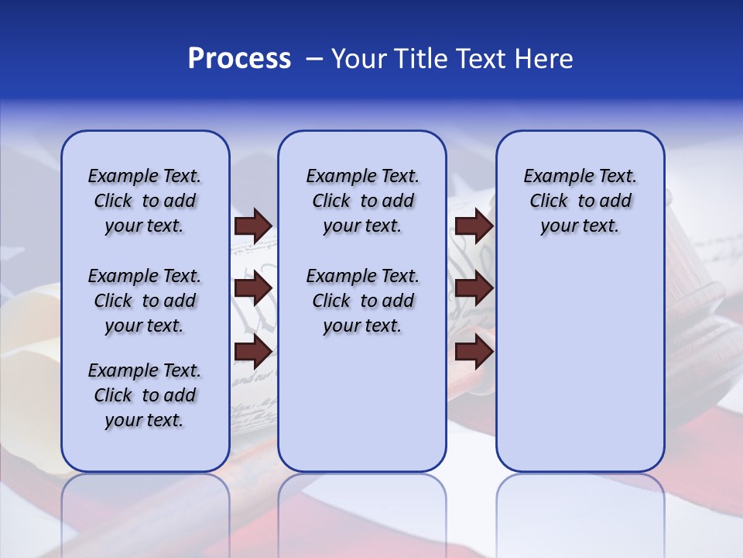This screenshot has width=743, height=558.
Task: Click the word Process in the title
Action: (x=239, y=59)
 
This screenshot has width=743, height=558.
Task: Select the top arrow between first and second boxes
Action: (x=253, y=226)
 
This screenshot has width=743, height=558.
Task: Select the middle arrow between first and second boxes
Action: (x=253, y=288)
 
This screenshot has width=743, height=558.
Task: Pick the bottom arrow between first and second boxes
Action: (x=253, y=352)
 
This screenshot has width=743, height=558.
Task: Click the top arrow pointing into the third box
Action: (x=474, y=226)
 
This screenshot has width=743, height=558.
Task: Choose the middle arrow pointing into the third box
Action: (x=474, y=288)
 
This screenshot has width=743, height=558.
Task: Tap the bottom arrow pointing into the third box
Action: (x=474, y=352)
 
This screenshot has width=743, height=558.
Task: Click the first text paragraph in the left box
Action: (x=145, y=201)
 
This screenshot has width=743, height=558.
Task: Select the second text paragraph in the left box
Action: (x=145, y=301)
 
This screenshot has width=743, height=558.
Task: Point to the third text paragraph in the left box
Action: (x=145, y=395)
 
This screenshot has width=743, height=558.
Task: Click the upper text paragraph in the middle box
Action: (x=362, y=201)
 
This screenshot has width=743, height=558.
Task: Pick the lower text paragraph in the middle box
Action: (x=362, y=301)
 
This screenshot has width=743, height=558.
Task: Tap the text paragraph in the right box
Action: (x=580, y=201)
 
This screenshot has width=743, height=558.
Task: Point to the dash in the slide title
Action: (x=313, y=60)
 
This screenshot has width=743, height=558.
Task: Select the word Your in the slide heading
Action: (x=359, y=59)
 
